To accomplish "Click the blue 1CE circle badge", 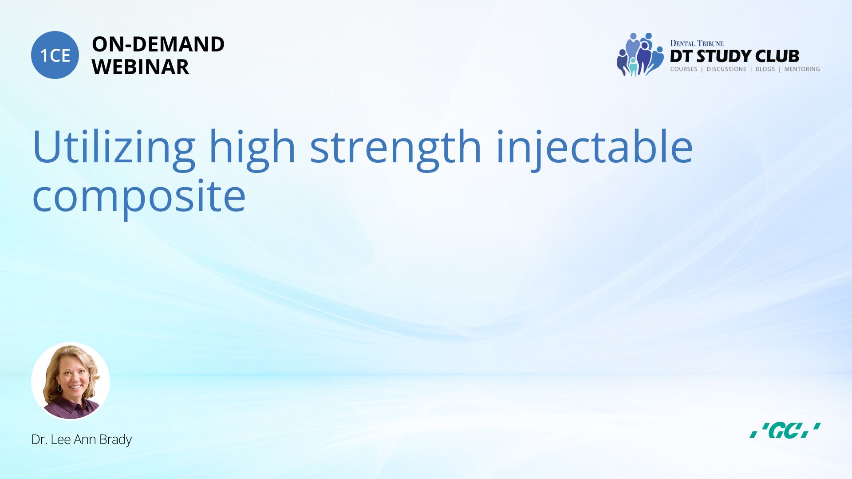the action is [55, 55].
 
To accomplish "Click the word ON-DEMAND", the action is [158, 44].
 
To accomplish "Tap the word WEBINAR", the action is [140, 67].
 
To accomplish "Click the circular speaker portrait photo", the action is [71, 381].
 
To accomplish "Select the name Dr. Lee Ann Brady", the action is [82, 440].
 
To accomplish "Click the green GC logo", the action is [785, 430].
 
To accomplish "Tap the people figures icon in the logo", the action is [640, 55].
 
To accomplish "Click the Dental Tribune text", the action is [697, 43].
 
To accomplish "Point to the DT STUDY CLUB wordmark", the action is [734, 56].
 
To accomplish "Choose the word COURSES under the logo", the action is [684, 69].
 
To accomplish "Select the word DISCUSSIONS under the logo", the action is [726, 69].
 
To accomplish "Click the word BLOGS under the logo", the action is [765, 69].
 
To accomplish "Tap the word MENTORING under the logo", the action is [802, 69].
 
